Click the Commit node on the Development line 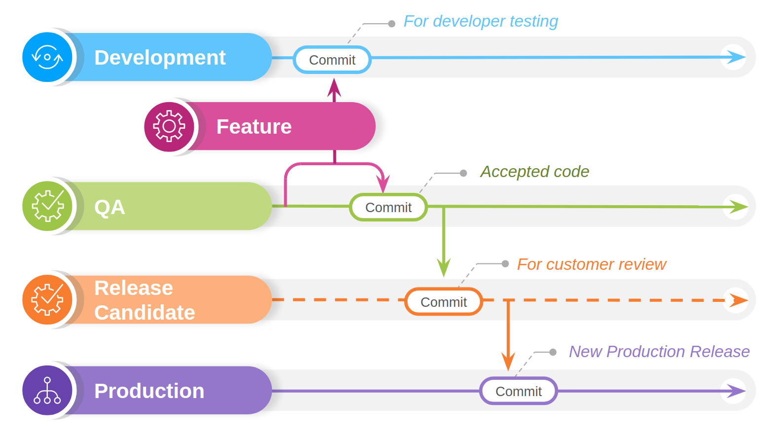point(332,60)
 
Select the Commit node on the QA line point(388,207)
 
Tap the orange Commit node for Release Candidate point(444,301)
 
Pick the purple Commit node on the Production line point(519,391)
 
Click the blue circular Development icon point(47,57)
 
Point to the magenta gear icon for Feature point(169,126)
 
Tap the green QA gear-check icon point(47,206)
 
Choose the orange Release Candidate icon point(47,300)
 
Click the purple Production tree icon point(47,390)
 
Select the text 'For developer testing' point(481,21)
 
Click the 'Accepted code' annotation point(534,172)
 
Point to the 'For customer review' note point(592,264)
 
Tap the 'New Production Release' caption point(659,352)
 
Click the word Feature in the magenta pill point(254,126)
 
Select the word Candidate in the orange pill point(145,312)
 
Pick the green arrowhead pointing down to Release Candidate point(444,268)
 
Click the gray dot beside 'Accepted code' point(463,173)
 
